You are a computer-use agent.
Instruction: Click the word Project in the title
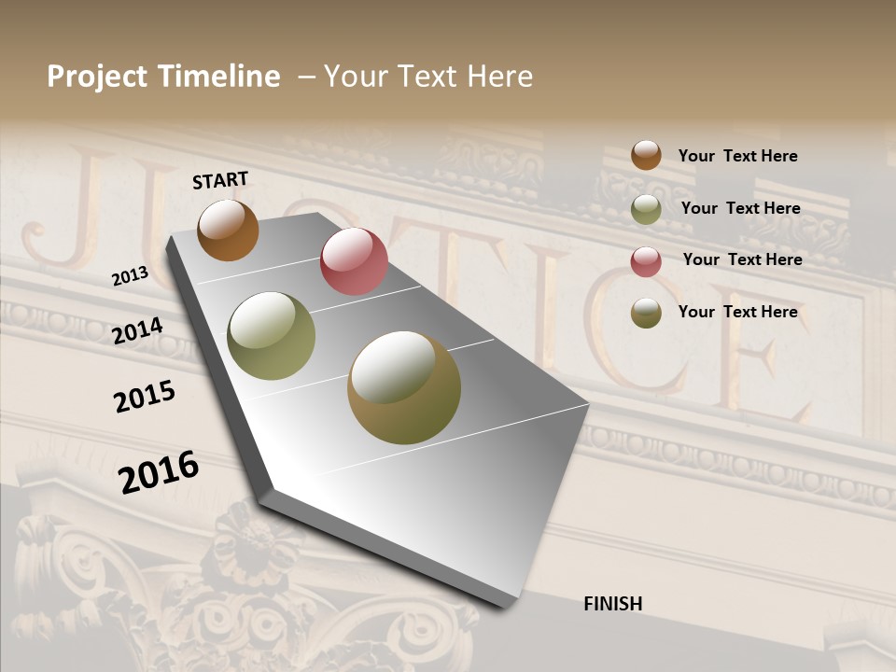tap(96, 77)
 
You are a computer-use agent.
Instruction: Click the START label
tap(220, 180)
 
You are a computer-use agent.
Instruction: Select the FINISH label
tap(613, 604)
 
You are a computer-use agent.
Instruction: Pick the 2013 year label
tap(130, 276)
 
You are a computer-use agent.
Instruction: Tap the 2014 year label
tap(138, 330)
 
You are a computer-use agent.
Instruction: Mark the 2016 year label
tap(159, 471)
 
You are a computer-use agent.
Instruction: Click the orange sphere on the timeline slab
tap(229, 230)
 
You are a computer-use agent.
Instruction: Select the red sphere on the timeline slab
tap(354, 261)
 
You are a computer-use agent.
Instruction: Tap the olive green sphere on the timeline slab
tap(272, 336)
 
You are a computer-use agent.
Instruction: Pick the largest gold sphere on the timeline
tap(404, 387)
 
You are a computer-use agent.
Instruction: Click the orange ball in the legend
tap(646, 155)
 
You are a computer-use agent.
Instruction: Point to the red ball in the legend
tap(646, 261)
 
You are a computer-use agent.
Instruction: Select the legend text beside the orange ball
tap(737, 156)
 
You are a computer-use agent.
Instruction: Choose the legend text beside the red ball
tap(742, 259)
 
